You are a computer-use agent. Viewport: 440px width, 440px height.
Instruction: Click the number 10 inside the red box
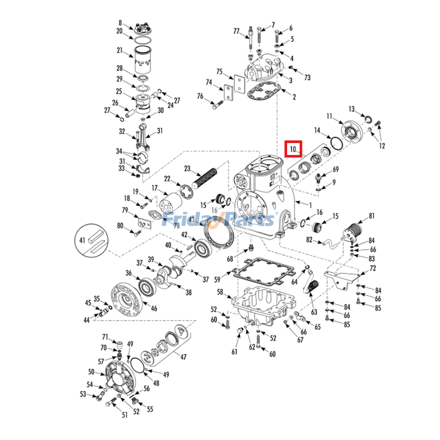coord(293,148)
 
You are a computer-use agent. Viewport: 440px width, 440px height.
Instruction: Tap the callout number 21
coord(119,51)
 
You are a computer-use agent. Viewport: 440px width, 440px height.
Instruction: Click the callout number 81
coord(371,216)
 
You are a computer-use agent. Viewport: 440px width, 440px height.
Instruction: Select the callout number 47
coord(183,357)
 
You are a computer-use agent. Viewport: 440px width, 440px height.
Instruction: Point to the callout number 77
coord(237,31)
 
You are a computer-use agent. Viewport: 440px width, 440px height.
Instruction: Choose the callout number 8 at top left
coord(120,23)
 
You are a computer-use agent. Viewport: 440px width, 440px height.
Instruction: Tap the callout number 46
coord(153,309)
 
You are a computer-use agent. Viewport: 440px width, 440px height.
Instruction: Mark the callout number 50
coord(91,372)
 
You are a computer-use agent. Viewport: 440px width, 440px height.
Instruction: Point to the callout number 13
coord(351,108)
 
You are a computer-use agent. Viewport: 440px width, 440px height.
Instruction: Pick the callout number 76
coord(200,97)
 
